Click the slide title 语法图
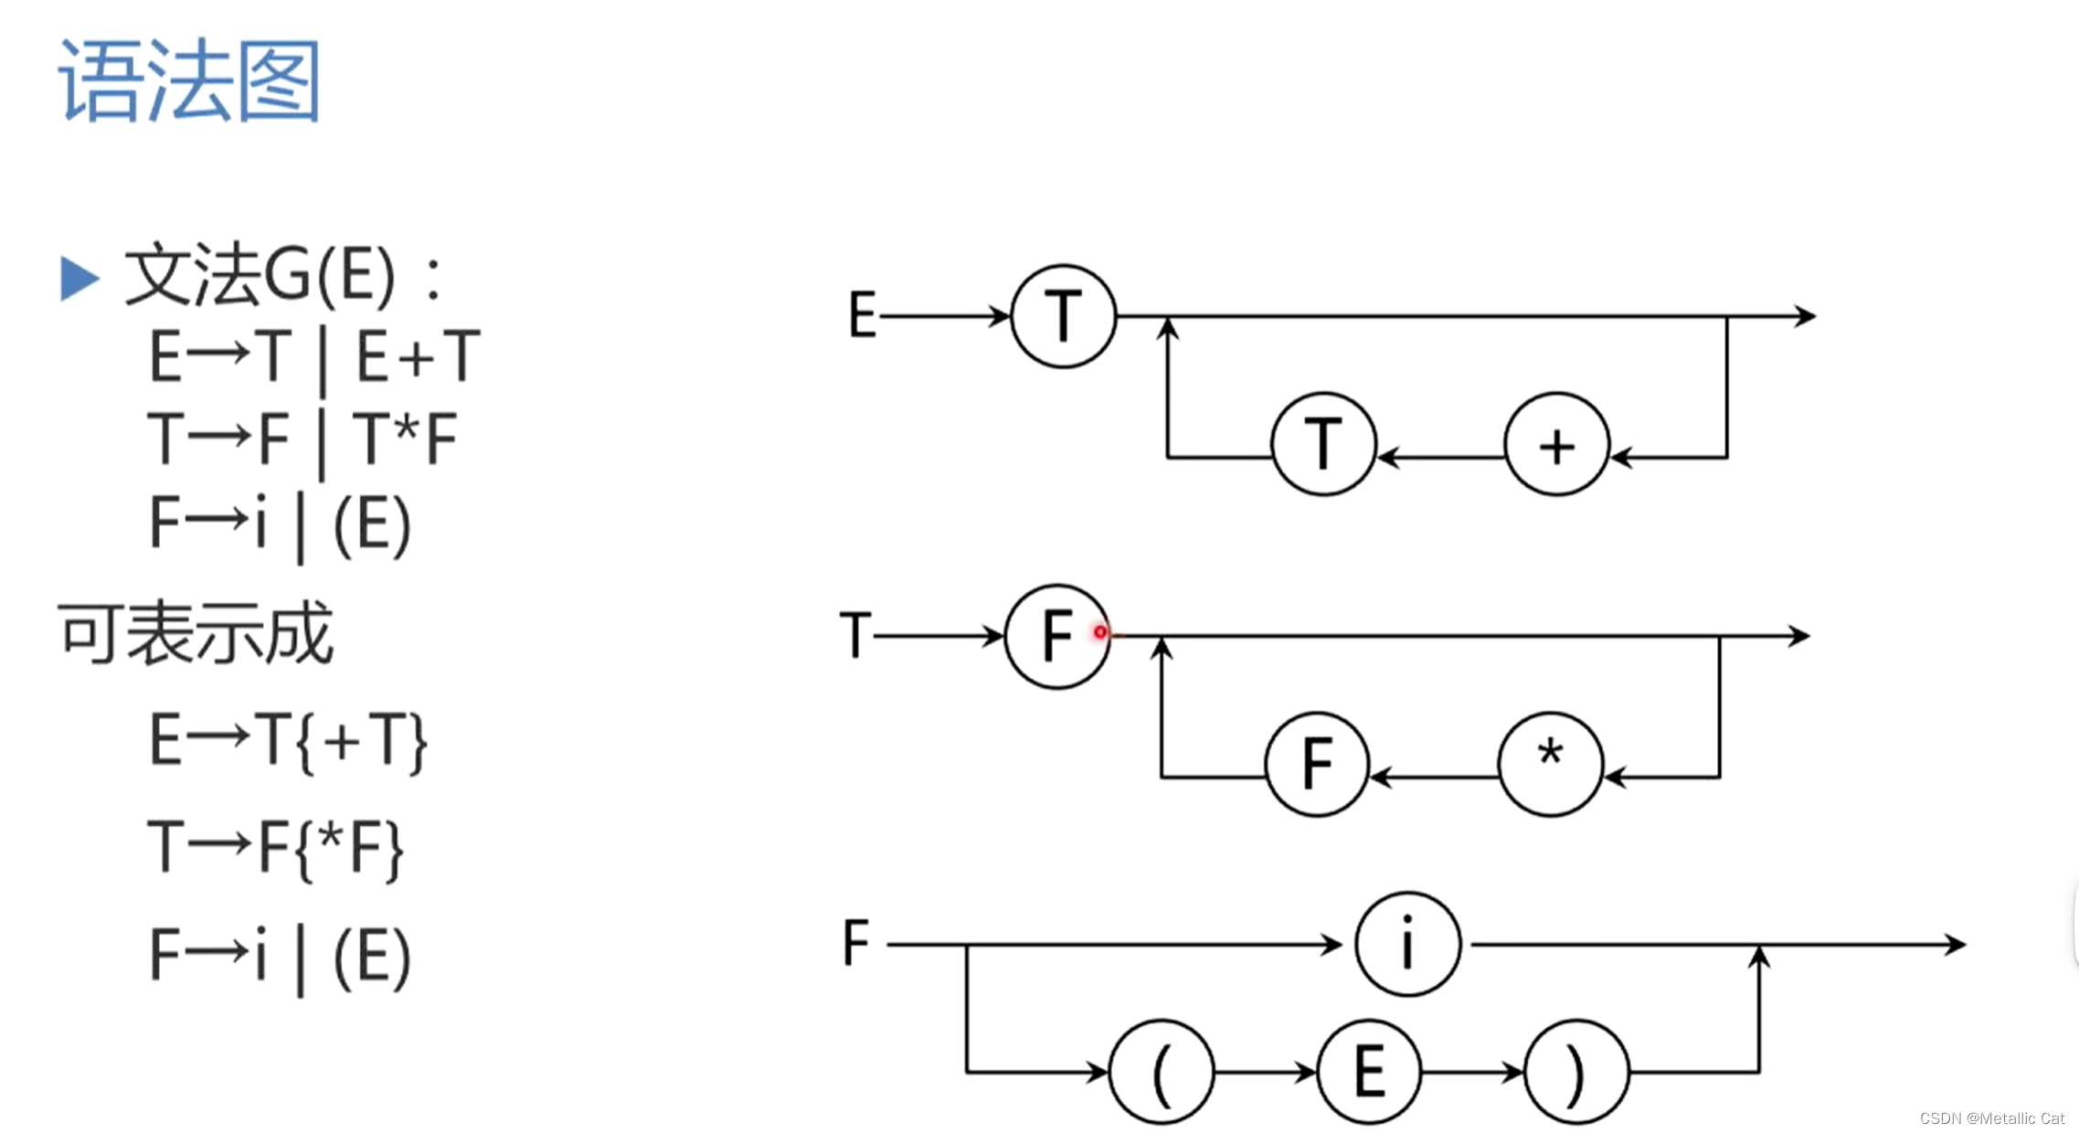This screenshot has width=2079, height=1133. coord(189,80)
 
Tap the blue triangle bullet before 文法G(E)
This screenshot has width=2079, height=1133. coord(79,278)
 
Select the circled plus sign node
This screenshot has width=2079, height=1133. coord(1556,445)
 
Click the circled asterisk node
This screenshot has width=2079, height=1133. coord(1550,764)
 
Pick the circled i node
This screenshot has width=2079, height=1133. coord(1407,944)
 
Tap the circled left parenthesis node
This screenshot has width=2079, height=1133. coord(1161,1072)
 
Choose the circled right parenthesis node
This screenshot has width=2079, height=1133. coord(1576,1072)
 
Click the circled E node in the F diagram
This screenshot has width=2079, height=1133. coord(1369,1072)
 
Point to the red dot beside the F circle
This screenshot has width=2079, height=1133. coord(1100,631)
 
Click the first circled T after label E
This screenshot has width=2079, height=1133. coord(1063,316)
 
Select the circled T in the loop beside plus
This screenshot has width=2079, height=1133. coord(1323,445)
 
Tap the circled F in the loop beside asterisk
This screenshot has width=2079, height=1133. coord(1317,764)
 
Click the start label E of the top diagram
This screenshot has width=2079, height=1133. coord(862,315)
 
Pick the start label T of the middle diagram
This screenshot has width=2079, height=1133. coord(855,635)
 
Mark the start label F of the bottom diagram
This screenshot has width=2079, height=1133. coord(855,943)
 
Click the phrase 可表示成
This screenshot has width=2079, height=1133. coord(196,632)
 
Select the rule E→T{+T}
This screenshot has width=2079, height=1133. coord(288,740)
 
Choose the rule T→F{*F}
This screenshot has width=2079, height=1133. coord(275,848)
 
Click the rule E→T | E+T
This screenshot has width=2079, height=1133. coord(313,356)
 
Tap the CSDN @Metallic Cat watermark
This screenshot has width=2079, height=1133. coord(1991,1118)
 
